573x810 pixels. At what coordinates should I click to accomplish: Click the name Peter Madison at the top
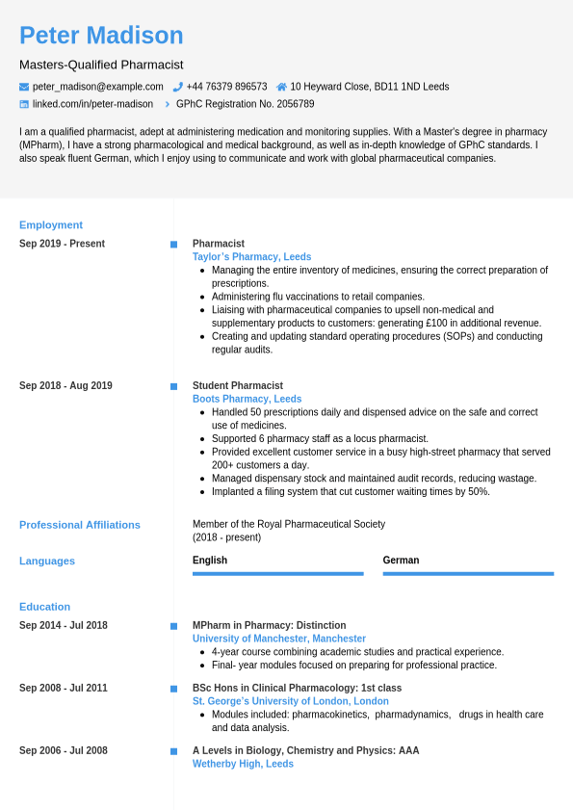101,36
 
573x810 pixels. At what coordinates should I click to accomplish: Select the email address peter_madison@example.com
97,87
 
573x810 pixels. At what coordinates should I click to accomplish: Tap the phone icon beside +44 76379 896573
178,87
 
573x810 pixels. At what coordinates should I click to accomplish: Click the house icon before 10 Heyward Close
281,87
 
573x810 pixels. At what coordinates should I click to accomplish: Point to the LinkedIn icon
24,104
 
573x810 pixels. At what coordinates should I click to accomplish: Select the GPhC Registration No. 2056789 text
245,104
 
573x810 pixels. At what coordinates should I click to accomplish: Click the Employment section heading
51,224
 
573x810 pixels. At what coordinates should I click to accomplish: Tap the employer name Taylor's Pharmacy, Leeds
251,257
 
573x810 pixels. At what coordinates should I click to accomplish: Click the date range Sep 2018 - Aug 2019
65,386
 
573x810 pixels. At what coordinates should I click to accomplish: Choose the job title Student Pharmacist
237,386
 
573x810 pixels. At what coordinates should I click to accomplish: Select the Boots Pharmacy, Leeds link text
247,399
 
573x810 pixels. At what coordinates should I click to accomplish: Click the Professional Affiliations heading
80,525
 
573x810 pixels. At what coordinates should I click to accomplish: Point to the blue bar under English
277,574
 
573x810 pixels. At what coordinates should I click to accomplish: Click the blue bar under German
468,574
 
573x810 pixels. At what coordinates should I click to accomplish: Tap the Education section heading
44,607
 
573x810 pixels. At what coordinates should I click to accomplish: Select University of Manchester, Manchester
279,639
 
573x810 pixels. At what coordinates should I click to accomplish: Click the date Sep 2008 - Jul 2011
64,689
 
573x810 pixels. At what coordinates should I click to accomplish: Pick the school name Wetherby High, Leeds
243,764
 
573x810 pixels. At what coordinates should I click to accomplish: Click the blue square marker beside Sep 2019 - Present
173,245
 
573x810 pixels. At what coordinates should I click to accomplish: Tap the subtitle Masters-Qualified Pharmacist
101,65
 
